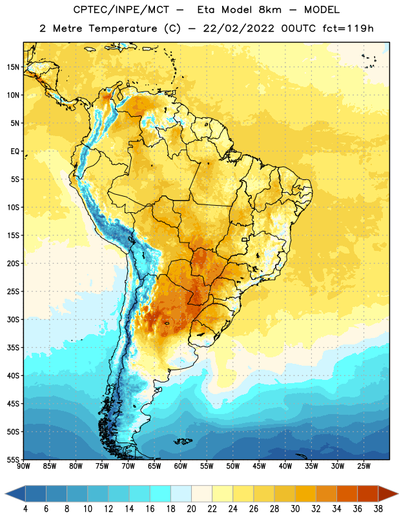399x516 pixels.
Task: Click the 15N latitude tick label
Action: pyautogui.click(x=13, y=67)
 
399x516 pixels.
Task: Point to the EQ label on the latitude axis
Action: pyautogui.click(x=15, y=152)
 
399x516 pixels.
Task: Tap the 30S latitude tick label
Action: pyautogui.click(x=13, y=319)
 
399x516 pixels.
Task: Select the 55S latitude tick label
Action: pyautogui.click(x=13, y=459)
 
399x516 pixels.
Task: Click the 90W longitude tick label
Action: pyautogui.click(x=24, y=466)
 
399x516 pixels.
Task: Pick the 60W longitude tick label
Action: pyautogui.click(x=181, y=466)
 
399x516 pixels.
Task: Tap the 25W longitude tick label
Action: pyautogui.click(x=363, y=466)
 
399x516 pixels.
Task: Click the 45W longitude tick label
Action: pyautogui.click(x=260, y=466)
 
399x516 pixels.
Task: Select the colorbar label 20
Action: pyautogui.click(x=191, y=509)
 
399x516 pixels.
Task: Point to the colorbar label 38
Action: pyautogui.click(x=378, y=509)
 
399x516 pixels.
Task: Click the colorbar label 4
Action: pyautogui.click(x=25, y=509)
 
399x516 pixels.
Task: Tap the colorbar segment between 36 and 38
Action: pyautogui.click(x=368, y=493)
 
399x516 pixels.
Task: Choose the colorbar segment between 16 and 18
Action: pyautogui.click(x=160, y=493)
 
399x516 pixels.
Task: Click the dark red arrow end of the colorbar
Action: pyautogui.click(x=388, y=493)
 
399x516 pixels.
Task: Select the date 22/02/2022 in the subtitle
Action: pyautogui.click(x=238, y=28)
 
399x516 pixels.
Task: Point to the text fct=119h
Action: pyautogui.click(x=348, y=28)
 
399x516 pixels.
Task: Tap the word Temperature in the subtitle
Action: pyautogui.click(x=123, y=28)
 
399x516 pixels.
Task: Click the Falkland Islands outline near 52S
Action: pyautogui.click(x=183, y=441)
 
